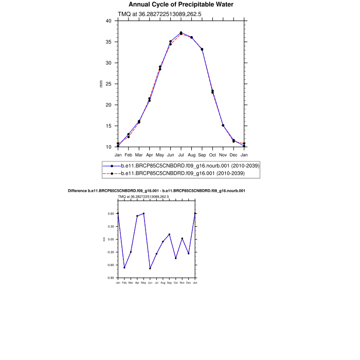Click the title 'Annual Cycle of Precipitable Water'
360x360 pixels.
(x=181, y=5)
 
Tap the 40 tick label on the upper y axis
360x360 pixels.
(x=108, y=21)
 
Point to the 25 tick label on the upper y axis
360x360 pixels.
(x=108, y=84)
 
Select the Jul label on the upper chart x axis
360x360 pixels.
(x=181, y=154)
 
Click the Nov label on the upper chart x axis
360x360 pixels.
(x=223, y=154)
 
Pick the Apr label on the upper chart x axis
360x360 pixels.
(x=149, y=154)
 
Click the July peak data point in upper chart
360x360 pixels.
(x=181, y=33)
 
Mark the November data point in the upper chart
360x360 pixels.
(x=223, y=125)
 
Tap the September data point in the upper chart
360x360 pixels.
(x=202, y=49)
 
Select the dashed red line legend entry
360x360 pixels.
(x=183, y=174)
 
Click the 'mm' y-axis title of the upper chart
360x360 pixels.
(x=101, y=84)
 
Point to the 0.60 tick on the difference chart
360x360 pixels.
(x=111, y=213)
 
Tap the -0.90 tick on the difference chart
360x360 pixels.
(x=111, y=278)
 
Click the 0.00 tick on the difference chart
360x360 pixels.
(x=111, y=239)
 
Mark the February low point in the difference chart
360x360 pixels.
(x=124, y=267)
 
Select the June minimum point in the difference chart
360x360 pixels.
(x=150, y=268)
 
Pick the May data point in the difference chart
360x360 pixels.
(x=143, y=213)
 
